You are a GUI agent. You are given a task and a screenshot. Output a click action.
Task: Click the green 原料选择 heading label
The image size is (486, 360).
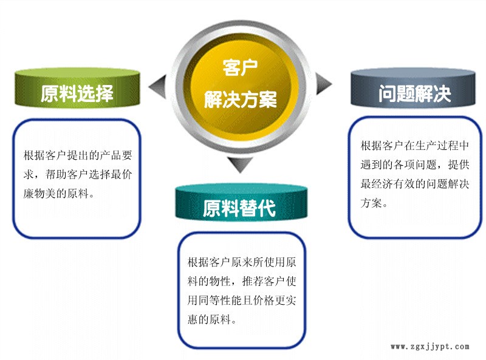coord(77,93)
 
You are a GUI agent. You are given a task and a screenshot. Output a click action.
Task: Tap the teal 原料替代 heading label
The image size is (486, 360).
coord(239,208)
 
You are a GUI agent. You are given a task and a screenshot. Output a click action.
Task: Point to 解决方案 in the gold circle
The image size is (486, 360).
coord(241,99)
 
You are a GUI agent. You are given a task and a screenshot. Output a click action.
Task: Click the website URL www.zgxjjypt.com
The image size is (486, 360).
coord(430,347)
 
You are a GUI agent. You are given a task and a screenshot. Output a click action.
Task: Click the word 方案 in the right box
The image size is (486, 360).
coord(372,203)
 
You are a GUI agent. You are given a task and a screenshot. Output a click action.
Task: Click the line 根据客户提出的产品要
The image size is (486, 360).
coord(77,155)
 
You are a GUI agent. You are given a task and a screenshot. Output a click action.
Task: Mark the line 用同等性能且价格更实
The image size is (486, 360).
coord(242,300)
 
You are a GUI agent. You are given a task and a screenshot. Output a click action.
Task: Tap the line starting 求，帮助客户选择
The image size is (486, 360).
coord(77,174)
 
